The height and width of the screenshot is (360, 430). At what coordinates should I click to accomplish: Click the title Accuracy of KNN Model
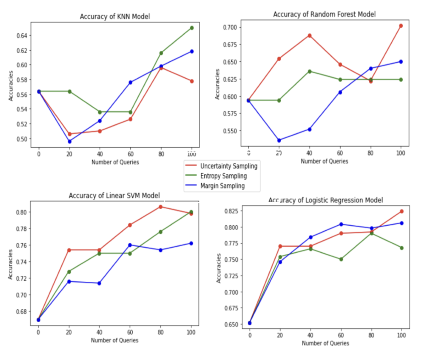[x=115, y=16]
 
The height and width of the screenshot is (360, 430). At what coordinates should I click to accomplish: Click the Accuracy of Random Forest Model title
[x=324, y=14]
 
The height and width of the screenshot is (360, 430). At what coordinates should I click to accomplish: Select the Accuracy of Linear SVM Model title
[x=114, y=195]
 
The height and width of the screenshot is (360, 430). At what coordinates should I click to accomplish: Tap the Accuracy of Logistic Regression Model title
[x=325, y=200]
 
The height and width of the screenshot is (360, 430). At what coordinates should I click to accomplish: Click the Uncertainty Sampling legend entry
[x=229, y=166]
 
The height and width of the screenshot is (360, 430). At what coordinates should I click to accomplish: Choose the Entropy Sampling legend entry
[x=223, y=176]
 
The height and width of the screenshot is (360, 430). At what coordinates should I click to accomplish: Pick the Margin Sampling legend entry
[x=222, y=186]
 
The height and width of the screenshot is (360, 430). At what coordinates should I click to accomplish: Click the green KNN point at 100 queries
[x=192, y=28]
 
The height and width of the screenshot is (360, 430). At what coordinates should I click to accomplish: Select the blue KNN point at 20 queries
[x=69, y=141]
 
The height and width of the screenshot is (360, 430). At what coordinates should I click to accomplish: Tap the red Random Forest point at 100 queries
[x=401, y=26]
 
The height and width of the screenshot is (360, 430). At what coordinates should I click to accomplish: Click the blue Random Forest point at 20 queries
[x=279, y=140]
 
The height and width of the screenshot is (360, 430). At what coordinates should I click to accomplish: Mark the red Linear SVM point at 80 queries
[x=161, y=207]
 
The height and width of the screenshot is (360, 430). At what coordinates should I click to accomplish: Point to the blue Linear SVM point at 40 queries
[x=99, y=283]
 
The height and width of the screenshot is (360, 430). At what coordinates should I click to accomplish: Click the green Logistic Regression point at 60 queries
[x=341, y=259]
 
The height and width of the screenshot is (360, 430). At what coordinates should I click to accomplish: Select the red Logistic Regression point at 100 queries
[x=401, y=211]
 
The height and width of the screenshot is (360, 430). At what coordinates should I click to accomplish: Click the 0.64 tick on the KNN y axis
[x=22, y=36]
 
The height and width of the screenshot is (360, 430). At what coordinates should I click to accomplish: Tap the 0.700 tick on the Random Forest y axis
[x=230, y=27]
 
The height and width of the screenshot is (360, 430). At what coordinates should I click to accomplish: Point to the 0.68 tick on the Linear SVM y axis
[x=21, y=312]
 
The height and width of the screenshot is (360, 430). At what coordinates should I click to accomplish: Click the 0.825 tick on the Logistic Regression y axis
[x=231, y=211]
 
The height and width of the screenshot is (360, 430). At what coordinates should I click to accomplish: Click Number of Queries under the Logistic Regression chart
[x=325, y=343]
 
